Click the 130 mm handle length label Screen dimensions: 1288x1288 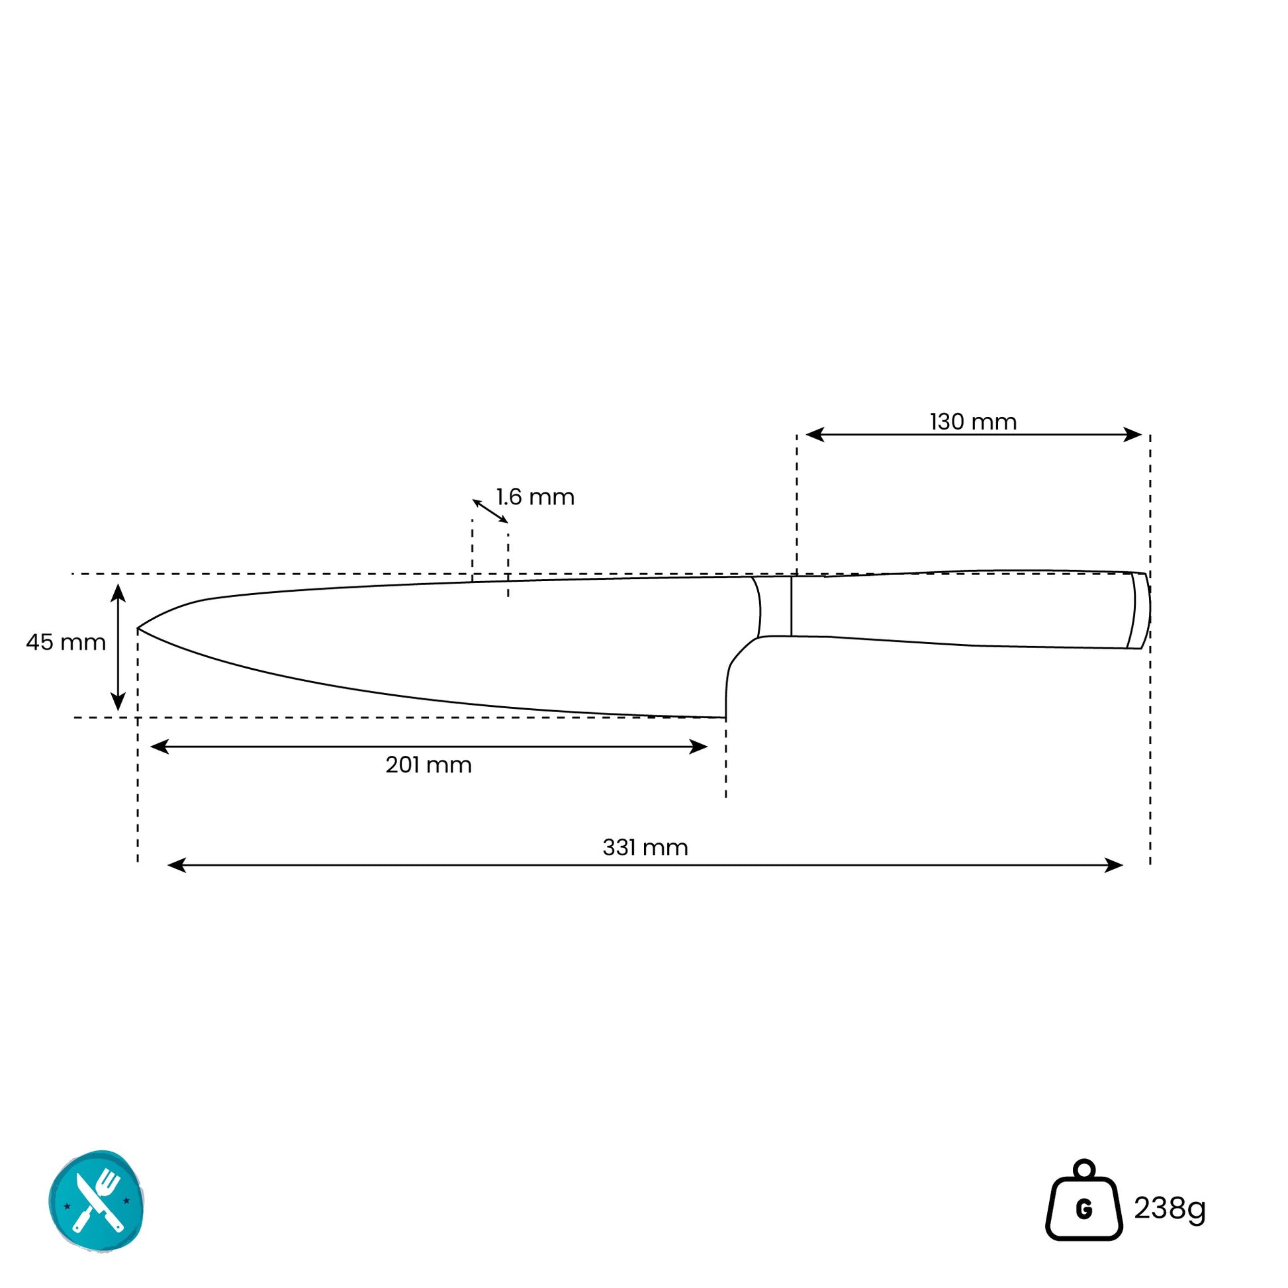[973, 422]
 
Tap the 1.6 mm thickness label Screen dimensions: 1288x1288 [535, 497]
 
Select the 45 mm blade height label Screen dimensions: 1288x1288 [66, 643]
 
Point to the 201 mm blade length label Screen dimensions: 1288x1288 [429, 764]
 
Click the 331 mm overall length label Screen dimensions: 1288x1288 [645, 847]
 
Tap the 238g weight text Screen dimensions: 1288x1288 [1170, 1208]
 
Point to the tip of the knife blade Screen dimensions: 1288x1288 [138, 628]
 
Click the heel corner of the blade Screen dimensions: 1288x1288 [725, 717]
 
